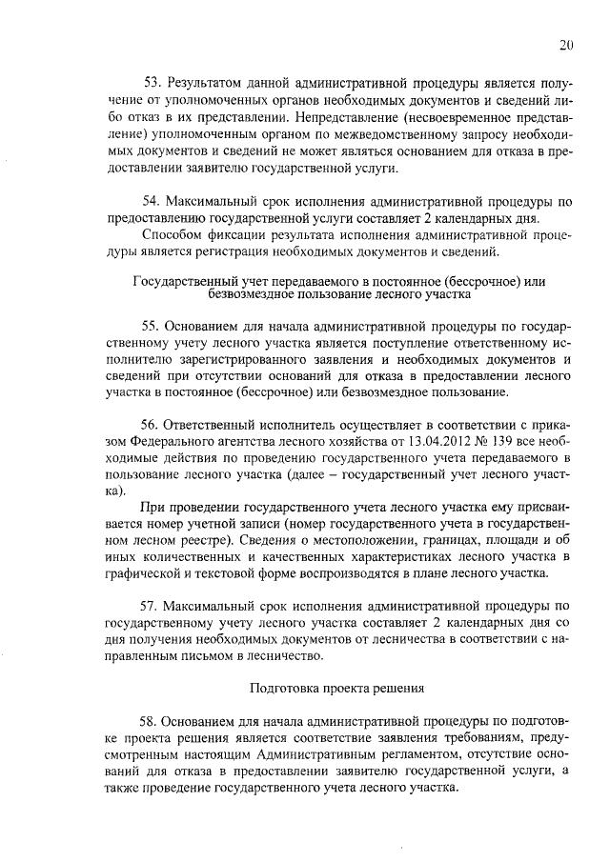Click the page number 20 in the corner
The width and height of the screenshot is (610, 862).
[566, 45]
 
